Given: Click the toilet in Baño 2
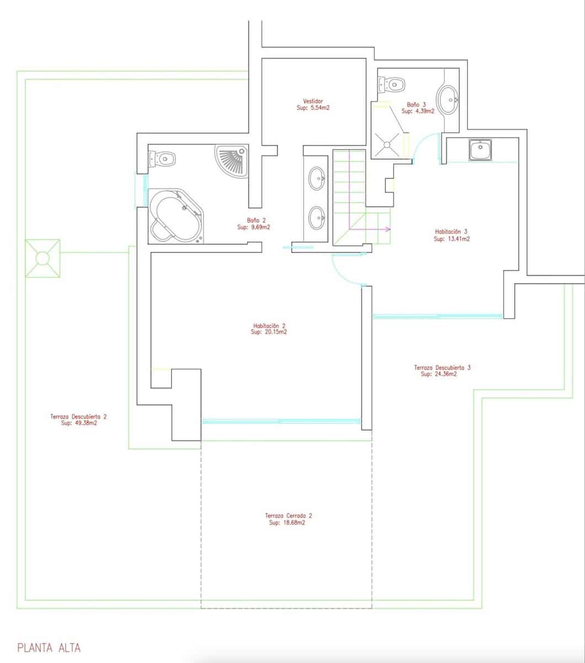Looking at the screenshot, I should tap(163, 159).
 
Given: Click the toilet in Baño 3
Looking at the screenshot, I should tap(393, 85).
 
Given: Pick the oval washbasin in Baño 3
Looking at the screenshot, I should tap(448, 100).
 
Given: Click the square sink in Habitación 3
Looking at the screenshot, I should tap(481, 150).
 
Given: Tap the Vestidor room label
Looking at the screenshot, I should tap(313, 101).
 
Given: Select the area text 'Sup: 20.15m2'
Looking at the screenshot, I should tap(269, 333).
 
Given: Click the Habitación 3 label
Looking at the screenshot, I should tap(451, 232).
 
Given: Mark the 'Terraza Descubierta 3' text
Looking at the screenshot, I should tap(442, 367).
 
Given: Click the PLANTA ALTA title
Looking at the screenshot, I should tap(49, 648).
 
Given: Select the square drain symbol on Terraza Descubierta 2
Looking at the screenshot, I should tap(42, 258).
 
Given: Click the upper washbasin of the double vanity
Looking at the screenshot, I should tap(317, 178).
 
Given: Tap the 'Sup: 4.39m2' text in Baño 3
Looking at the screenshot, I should tap(418, 111).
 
